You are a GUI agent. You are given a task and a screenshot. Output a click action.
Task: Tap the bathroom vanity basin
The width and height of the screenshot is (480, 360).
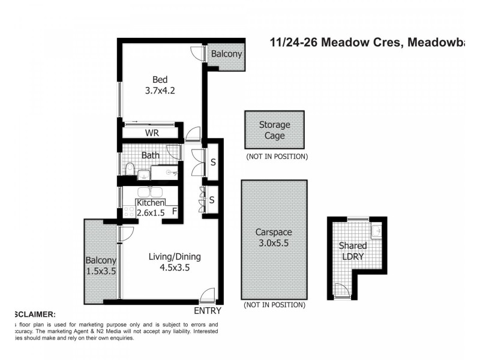click(x=144, y=175)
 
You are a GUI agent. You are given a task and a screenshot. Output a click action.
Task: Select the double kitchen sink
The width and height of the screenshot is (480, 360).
click(x=149, y=193)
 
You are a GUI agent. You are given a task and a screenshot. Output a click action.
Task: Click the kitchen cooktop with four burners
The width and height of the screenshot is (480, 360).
click(x=128, y=212)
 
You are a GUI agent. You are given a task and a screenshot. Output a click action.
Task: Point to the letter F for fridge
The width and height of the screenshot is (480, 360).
click(x=175, y=211)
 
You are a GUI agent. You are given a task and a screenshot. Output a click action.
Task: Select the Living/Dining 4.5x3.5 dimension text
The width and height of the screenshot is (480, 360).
click(x=175, y=268)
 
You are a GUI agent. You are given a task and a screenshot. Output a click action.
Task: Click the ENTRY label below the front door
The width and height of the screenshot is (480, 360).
click(x=208, y=311)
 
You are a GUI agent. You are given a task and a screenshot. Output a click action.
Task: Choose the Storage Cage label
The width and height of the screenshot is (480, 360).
click(x=274, y=130)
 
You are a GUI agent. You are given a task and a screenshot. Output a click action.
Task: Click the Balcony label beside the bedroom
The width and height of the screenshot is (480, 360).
click(x=227, y=54)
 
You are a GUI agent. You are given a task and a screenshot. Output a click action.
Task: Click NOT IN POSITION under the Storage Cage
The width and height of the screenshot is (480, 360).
click(x=277, y=157)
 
